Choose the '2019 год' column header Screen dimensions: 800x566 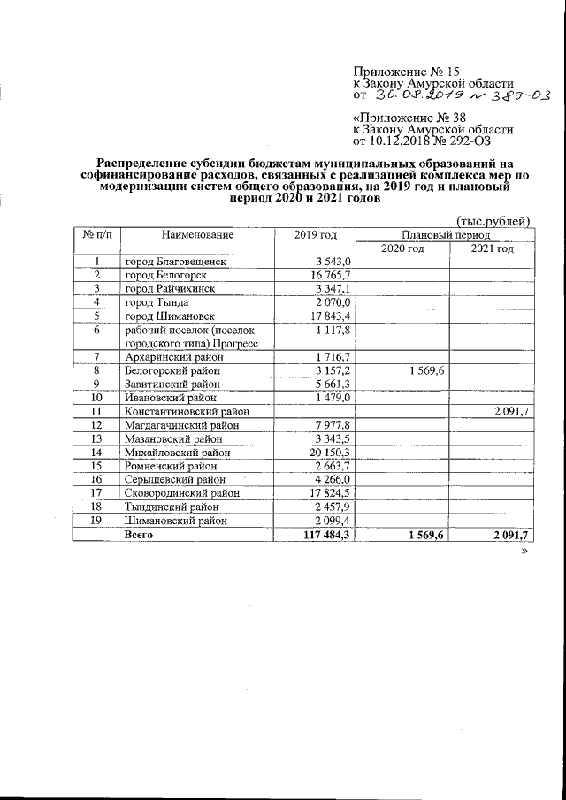pyautogui.click(x=316, y=234)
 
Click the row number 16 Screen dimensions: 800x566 pyautogui.click(x=96, y=478)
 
